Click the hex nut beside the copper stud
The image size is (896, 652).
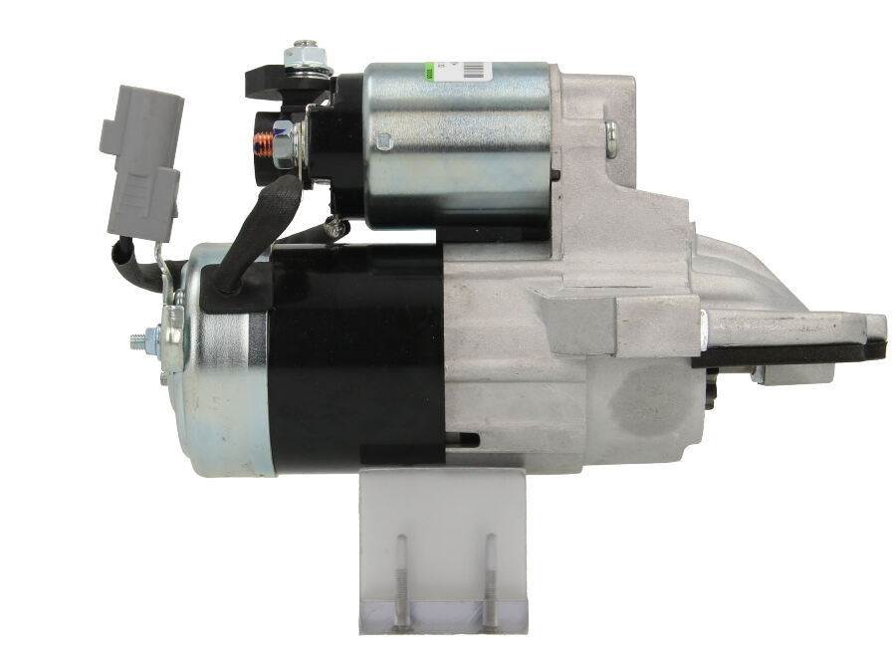(284, 145)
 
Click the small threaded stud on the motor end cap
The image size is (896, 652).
(140, 340)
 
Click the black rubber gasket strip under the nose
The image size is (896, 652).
(796, 351)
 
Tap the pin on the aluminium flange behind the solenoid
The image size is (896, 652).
(610, 138)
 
